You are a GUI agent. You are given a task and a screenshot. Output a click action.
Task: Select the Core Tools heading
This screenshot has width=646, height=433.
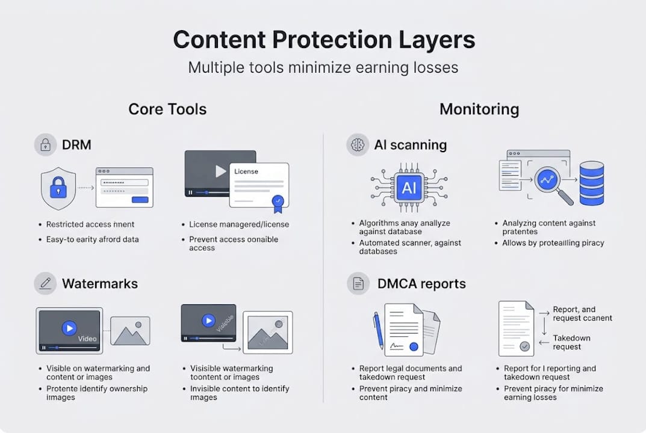click(x=167, y=109)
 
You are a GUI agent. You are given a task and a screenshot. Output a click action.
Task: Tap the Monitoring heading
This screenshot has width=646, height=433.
click(x=479, y=109)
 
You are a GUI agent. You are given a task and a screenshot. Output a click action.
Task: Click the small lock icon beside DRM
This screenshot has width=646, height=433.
click(x=45, y=144)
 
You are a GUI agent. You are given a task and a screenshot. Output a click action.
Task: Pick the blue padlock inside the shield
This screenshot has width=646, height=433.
click(x=58, y=188)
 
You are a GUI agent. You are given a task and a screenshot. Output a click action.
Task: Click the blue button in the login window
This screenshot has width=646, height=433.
click(x=140, y=200)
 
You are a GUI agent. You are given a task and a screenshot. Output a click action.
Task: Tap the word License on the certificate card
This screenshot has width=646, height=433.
click(x=246, y=171)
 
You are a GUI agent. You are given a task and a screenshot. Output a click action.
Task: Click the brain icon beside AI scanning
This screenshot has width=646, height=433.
click(x=358, y=145)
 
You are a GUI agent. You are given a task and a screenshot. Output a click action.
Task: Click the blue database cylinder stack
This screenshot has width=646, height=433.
click(x=591, y=183)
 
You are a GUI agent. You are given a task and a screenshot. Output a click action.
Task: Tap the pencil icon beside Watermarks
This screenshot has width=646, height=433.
click(x=45, y=283)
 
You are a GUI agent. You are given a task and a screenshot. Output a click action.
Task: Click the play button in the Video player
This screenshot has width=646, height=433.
click(x=69, y=328)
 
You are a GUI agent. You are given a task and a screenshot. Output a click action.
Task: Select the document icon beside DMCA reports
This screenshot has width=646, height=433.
click(x=358, y=283)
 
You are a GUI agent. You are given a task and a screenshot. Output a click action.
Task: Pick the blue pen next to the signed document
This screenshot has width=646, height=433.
click(x=378, y=330)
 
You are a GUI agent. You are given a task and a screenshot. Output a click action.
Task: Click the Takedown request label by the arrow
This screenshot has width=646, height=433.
click(x=571, y=342)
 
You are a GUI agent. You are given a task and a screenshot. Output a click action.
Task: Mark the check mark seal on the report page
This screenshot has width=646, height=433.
click(x=525, y=346)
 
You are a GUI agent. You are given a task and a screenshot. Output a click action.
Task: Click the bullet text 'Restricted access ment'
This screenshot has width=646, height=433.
click(x=90, y=224)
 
